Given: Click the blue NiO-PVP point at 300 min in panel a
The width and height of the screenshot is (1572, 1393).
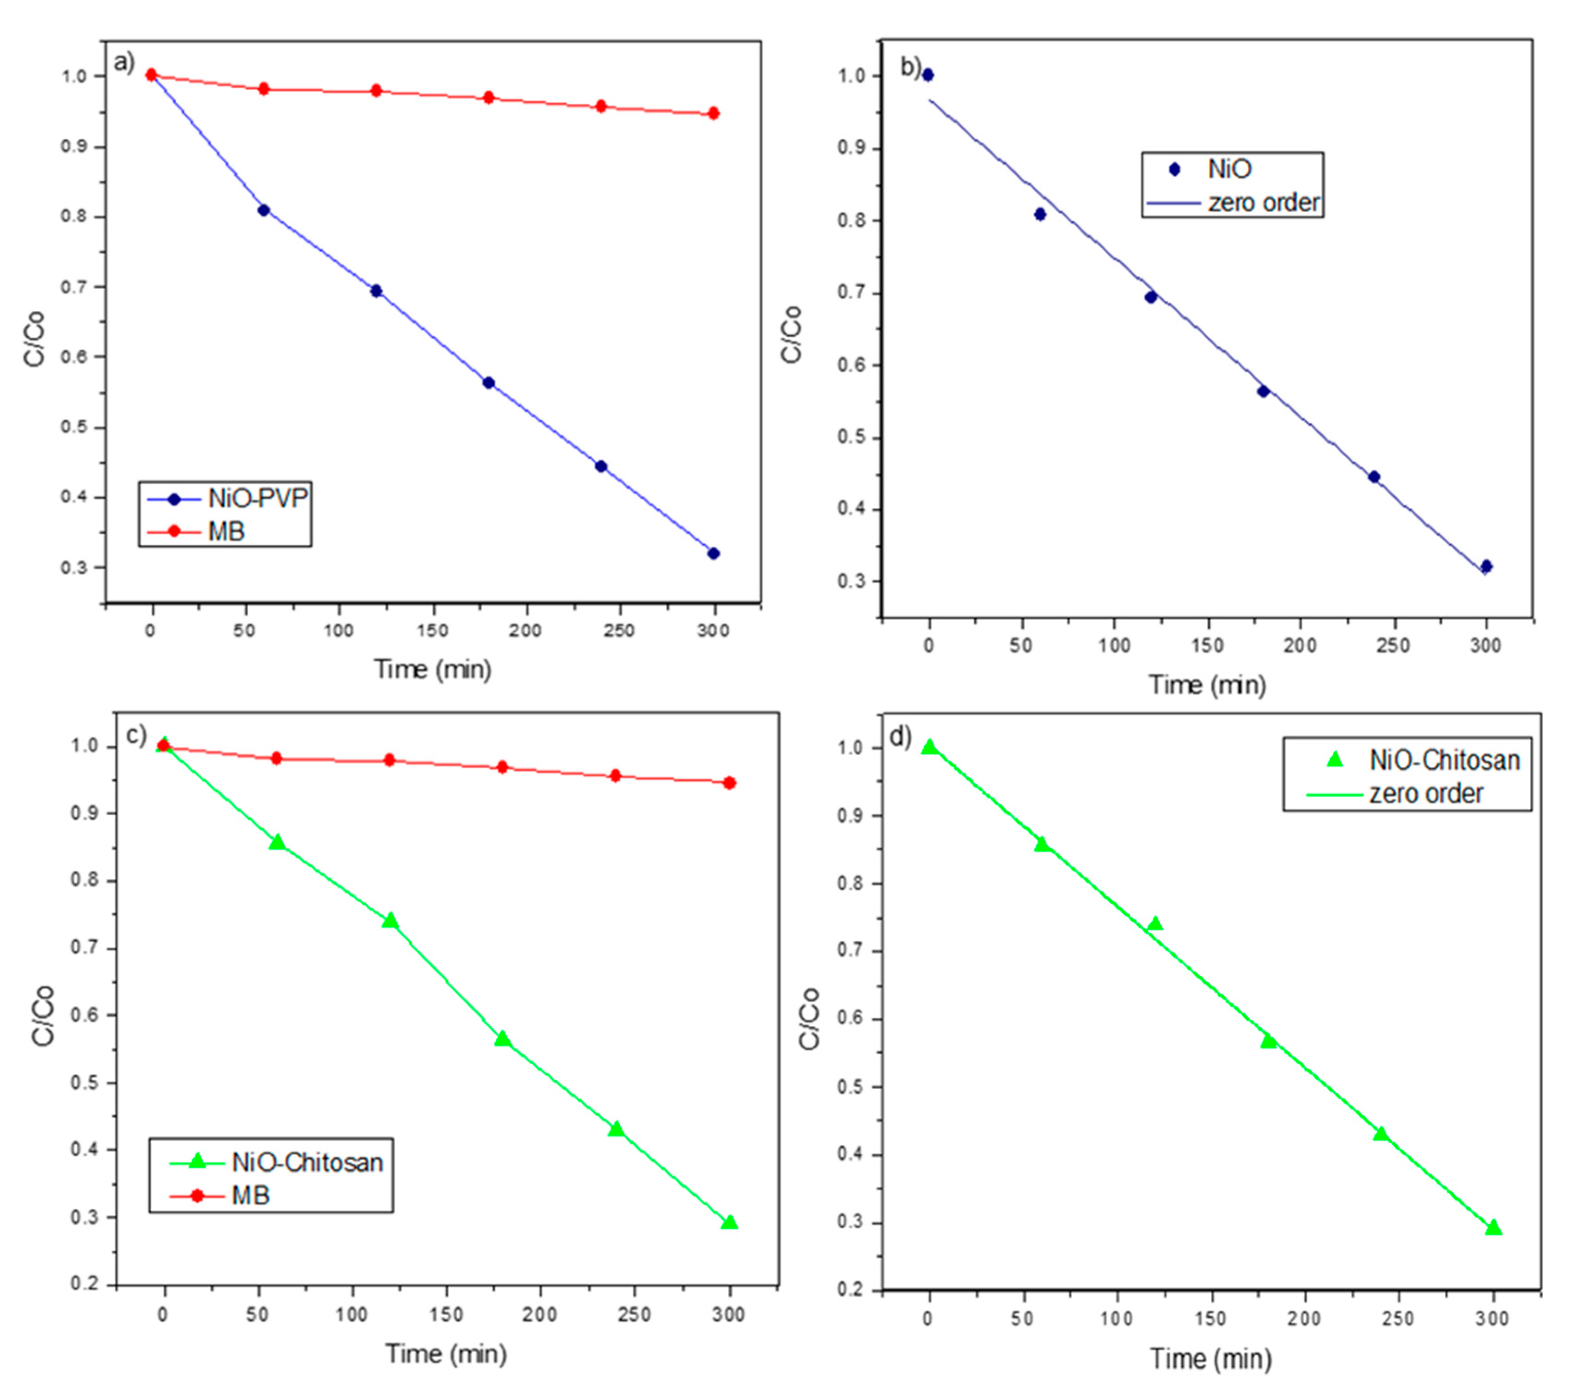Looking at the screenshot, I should point(713,554).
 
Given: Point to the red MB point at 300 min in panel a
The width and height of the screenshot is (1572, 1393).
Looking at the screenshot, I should point(713,113).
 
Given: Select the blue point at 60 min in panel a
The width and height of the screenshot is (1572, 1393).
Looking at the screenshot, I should point(263,210).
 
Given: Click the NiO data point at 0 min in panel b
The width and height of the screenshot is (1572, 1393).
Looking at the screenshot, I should point(927,74).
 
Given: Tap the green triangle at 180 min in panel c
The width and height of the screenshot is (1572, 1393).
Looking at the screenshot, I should point(502,1038).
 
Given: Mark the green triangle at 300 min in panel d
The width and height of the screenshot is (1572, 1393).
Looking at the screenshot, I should point(1493,1227).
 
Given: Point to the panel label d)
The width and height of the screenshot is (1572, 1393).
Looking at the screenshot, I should point(900,737).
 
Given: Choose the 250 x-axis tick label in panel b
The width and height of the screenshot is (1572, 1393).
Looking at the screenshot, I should point(1393,645).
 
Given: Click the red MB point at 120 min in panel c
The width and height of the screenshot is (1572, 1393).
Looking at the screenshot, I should point(389,760).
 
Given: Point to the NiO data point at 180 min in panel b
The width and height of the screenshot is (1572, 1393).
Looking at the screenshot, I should point(1263,392).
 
